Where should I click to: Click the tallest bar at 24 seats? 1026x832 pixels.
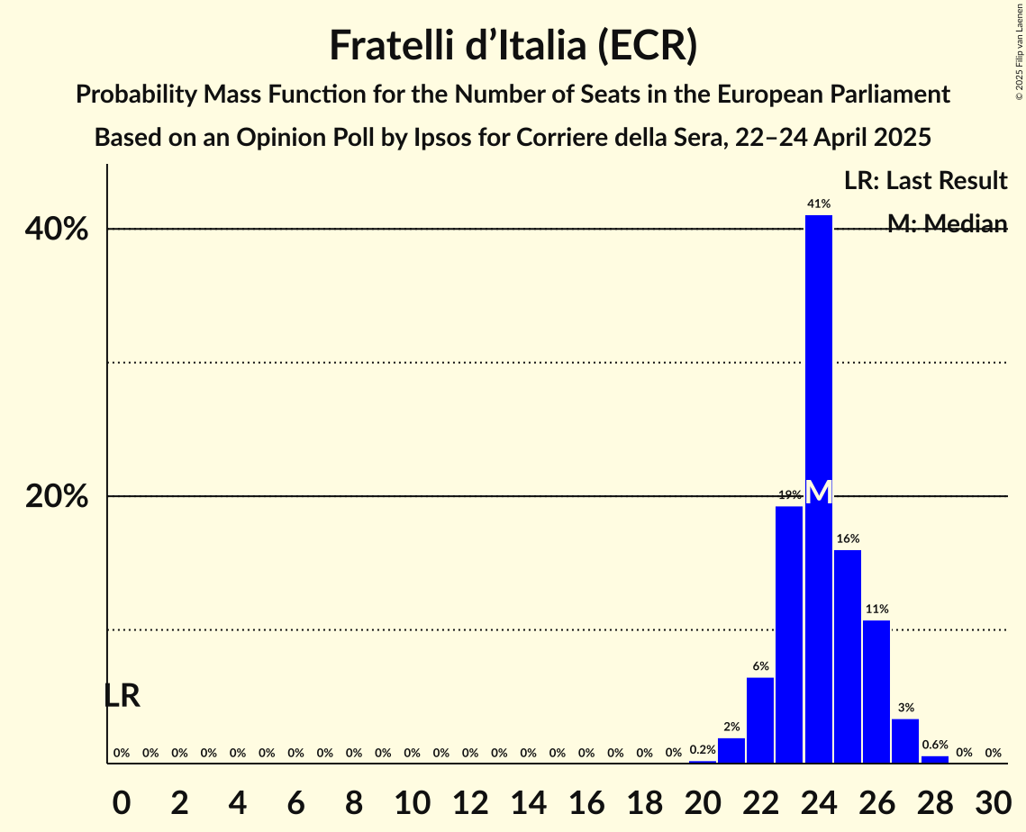click(818, 360)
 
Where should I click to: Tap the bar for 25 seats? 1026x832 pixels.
click(848, 656)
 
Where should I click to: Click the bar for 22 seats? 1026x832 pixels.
click(760, 720)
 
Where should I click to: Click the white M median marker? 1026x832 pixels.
click(818, 492)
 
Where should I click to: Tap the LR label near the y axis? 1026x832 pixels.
click(122, 696)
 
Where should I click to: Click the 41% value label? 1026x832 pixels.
click(818, 204)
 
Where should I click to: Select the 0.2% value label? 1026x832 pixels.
click(703, 749)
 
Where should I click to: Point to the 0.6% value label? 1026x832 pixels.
click(935, 745)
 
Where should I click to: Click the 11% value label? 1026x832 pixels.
click(876, 610)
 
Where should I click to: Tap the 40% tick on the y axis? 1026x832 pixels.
click(57, 230)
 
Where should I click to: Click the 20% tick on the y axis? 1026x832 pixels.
click(57, 497)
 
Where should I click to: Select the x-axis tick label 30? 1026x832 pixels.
click(993, 800)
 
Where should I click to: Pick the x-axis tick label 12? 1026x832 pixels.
click(470, 800)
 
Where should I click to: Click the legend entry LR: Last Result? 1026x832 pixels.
click(925, 181)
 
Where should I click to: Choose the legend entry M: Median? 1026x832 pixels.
click(947, 224)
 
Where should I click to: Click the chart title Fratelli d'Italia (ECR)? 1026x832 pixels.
click(513, 46)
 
